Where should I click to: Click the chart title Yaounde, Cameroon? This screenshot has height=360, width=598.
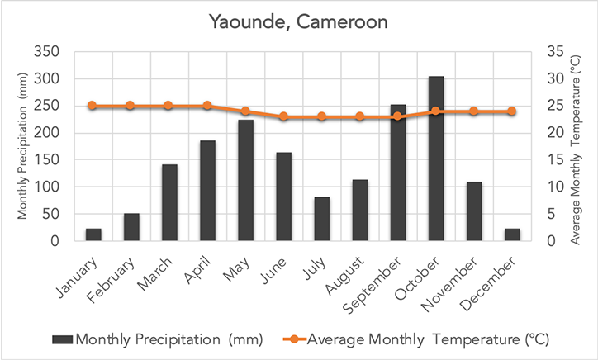[298, 21]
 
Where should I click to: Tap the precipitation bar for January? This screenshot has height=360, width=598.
[93, 234]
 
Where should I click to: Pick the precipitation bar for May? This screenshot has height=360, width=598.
[245, 181]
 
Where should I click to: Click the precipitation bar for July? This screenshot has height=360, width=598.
[322, 219]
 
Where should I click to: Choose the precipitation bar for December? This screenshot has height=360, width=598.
[512, 234]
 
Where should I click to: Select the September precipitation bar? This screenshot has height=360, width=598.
[398, 173]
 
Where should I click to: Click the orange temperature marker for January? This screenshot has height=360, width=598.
[93, 106]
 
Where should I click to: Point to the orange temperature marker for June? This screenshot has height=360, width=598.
[283, 116]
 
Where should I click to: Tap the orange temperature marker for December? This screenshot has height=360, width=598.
[512, 111]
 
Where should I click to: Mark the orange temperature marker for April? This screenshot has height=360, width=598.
[207, 106]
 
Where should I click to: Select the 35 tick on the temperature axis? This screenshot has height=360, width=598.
[555, 52]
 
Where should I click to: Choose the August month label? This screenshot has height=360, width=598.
[351, 274]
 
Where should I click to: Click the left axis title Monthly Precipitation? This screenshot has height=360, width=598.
[23, 147]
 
